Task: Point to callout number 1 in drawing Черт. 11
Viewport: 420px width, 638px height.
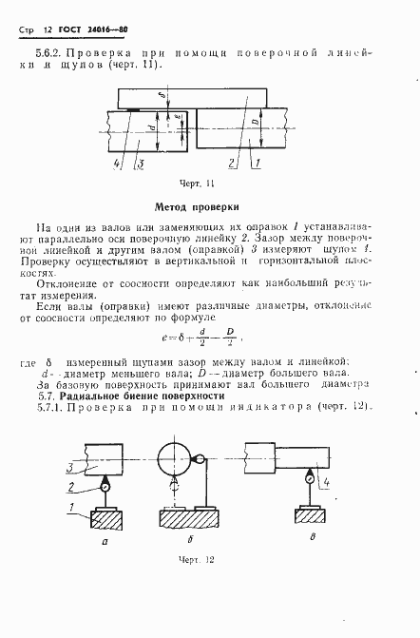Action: point(258,164)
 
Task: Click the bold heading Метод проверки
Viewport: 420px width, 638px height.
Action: point(197,206)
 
